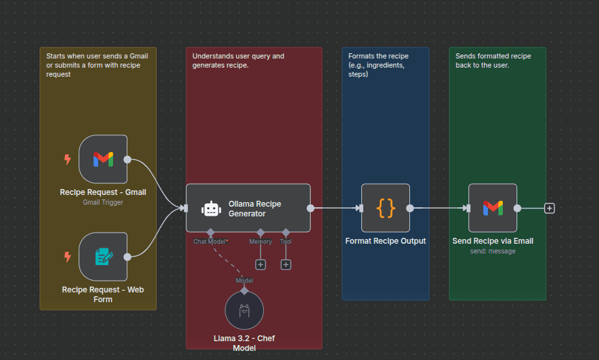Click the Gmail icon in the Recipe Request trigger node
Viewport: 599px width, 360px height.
[x=103, y=159]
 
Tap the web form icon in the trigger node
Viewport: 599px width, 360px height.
[x=103, y=256]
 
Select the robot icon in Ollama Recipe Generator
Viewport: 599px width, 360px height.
[x=211, y=209]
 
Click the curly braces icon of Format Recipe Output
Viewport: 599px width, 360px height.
[x=385, y=208]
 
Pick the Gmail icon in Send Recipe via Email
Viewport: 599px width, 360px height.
[x=492, y=208]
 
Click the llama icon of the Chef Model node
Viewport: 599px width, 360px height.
[x=244, y=311]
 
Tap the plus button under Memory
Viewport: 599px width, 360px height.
[x=261, y=264]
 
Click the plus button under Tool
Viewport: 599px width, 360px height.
[x=286, y=264]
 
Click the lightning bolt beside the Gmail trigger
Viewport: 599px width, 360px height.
[x=67, y=159]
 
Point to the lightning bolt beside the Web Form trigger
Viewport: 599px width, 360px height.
[x=67, y=257]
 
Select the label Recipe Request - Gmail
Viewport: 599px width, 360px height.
[x=103, y=192]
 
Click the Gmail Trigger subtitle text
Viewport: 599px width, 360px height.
[x=103, y=202]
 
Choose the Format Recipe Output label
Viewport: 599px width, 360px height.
[x=385, y=241]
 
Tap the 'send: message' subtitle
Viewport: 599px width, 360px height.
[x=492, y=251]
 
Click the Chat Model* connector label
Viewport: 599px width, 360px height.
[x=210, y=242]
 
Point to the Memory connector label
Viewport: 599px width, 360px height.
[x=261, y=242]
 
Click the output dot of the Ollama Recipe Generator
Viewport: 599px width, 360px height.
[x=311, y=208]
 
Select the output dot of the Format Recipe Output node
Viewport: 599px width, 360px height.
[x=410, y=208]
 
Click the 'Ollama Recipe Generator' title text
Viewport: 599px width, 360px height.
[x=255, y=209]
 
